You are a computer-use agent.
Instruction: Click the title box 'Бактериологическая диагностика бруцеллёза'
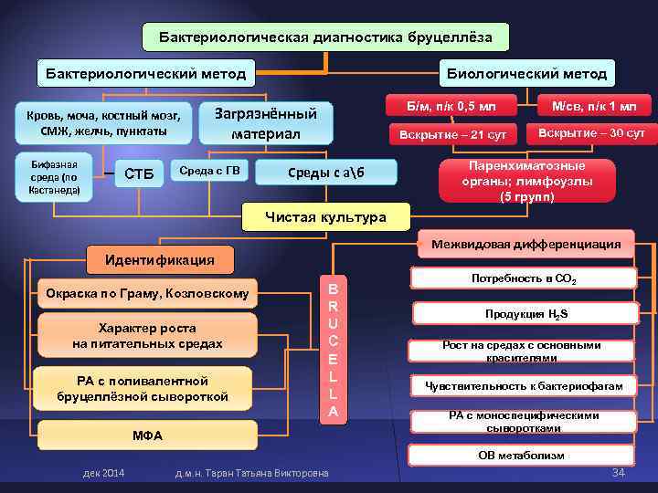click(326, 37)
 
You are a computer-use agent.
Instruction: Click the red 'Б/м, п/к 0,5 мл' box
click(451, 107)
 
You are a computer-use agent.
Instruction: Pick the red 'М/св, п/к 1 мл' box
click(595, 106)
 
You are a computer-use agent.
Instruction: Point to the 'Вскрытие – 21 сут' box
click(451, 135)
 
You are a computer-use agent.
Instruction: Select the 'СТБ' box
click(139, 173)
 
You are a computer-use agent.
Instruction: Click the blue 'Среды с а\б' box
click(326, 173)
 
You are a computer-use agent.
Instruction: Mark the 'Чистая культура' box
click(325, 217)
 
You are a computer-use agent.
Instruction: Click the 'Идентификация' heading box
click(160, 259)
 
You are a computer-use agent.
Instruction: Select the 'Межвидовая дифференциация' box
click(526, 244)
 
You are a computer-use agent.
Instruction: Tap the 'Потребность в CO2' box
click(524, 278)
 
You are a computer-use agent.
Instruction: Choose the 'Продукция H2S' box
click(524, 313)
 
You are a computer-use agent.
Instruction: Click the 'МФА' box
click(146, 435)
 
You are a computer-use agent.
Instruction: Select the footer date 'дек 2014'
click(104, 472)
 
